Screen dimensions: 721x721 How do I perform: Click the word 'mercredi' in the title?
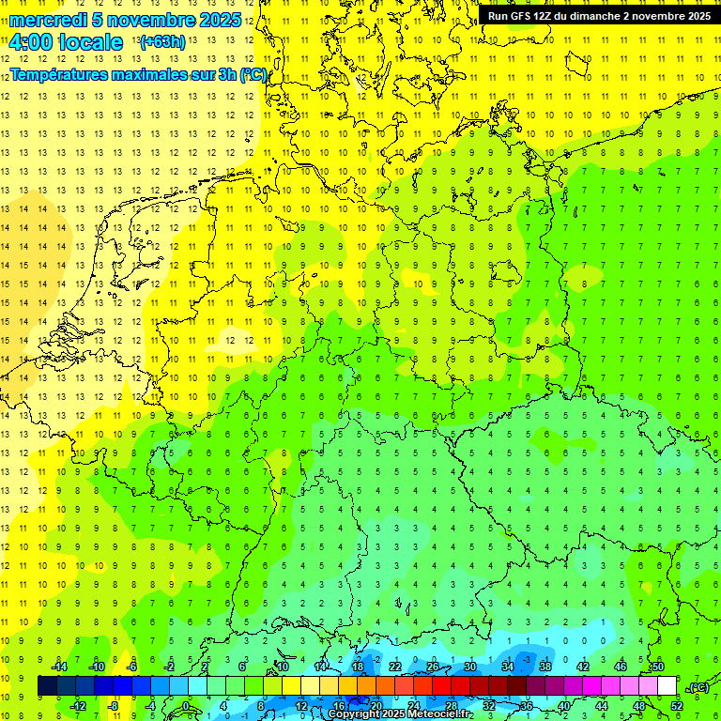tap(48, 20)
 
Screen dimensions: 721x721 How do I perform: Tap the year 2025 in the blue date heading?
tap(214, 20)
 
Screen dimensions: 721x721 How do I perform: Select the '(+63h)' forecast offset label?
tap(161, 41)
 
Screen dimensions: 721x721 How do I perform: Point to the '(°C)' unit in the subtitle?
tap(251, 74)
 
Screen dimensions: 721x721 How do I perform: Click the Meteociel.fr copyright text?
tap(400, 714)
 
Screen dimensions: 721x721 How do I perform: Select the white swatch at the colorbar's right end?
tap(667, 686)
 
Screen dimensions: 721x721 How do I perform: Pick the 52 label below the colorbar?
tap(677, 706)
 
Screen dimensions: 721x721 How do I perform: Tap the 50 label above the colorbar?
tap(658, 667)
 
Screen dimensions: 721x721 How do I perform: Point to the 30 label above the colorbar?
tap(469, 667)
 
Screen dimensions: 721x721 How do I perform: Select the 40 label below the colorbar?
tap(563, 706)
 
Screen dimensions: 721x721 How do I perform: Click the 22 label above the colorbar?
tap(394, 667)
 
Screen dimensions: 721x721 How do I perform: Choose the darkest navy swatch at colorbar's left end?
tap(47, 686)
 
